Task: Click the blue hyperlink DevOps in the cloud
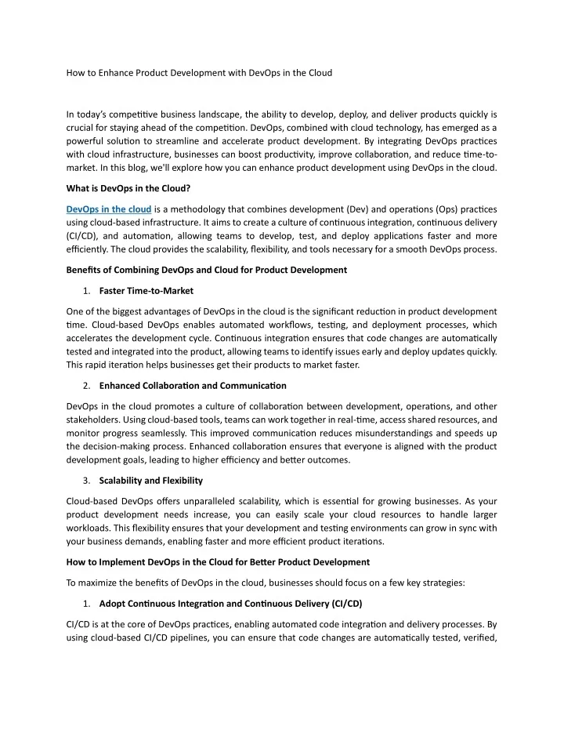tap(109, 209)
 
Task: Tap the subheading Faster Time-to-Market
tap(146, 291)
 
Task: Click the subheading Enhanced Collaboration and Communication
tap(182, 385)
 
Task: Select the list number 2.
tap(85, 385)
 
